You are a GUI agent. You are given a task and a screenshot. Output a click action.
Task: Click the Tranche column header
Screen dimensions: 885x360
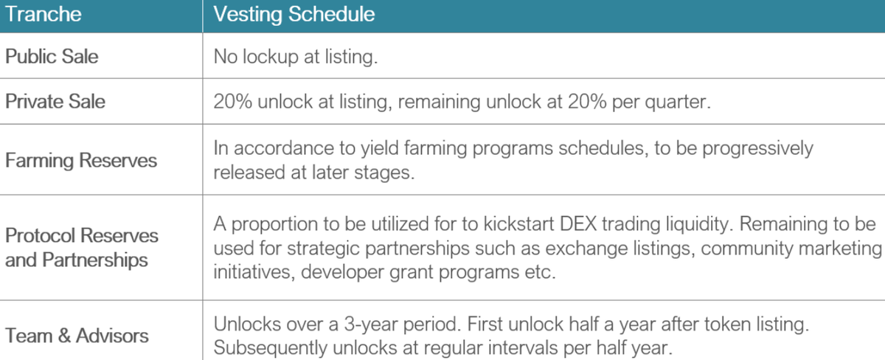coord(43,14)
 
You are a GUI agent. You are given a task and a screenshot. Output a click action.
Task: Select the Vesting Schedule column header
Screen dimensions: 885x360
coord(294,15)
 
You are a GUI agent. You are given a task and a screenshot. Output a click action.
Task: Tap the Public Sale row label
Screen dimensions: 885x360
coord(52,56)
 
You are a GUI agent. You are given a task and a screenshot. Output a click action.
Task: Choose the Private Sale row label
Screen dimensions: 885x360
coord(55,101)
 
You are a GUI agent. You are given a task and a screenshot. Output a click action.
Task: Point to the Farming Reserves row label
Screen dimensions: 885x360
coord(81,160)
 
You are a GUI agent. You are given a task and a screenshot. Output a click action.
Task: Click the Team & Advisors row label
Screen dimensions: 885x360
coord(77,336)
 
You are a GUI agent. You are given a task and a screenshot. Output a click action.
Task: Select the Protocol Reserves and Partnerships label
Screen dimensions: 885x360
coord(81,248)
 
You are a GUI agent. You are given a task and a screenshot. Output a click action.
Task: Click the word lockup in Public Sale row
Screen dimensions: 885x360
coord(270,57)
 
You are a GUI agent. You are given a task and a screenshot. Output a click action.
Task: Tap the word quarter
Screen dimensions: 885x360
coord(678,102)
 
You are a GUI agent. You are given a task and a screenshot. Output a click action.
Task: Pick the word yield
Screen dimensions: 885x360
coord(380,148)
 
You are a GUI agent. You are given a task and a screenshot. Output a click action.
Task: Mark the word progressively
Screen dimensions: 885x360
coord(757,148)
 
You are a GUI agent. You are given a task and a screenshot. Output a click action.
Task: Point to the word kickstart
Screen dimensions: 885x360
coord(518,224)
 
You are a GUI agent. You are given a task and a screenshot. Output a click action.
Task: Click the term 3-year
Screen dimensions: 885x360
coord(370,325)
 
